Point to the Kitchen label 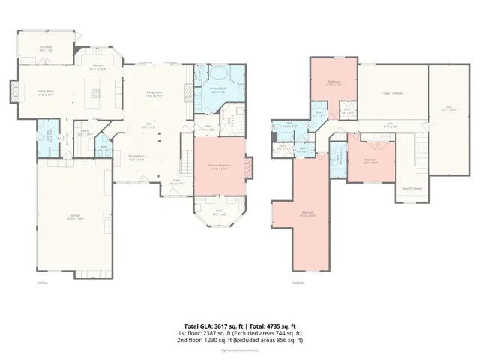(97, 67)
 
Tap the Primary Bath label (218, 89)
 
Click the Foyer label (177, 181)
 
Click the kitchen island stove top (95, 93)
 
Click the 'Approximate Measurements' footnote (240, 350)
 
